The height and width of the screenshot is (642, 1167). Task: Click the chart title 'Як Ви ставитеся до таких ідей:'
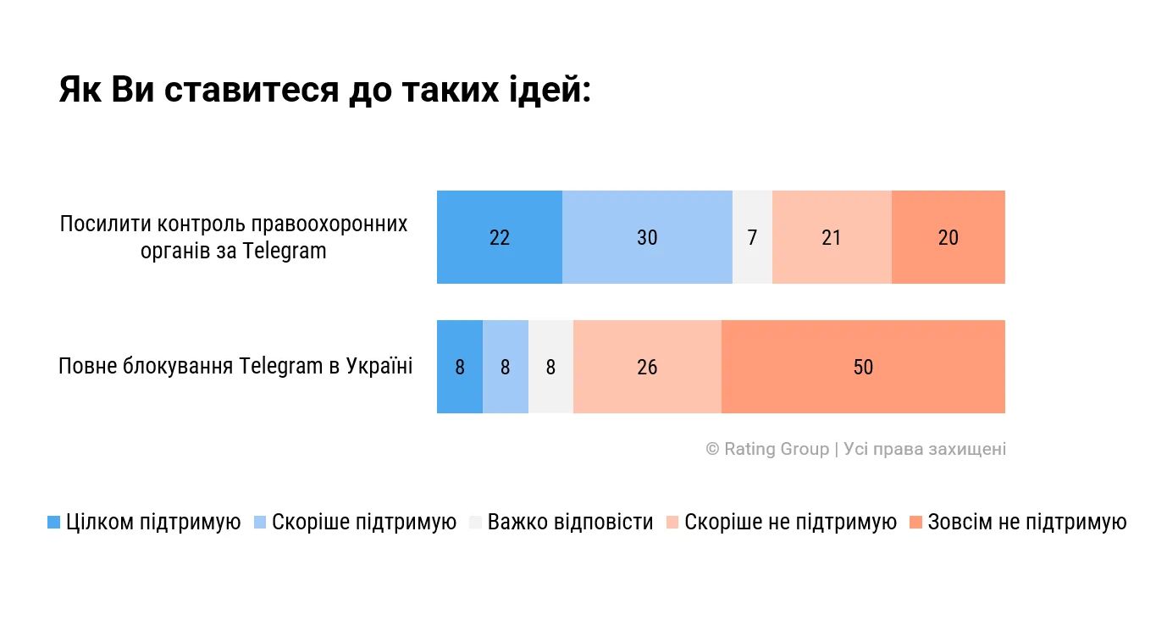[324, 90]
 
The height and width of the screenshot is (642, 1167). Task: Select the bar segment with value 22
[500, 237]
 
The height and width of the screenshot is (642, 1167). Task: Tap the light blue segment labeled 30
[647, 237]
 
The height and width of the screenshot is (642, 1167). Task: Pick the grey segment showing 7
[752, 237]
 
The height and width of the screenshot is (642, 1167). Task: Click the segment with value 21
[832, 237]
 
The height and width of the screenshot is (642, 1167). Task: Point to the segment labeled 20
[948, 237]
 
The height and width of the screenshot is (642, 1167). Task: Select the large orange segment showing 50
[863, 367]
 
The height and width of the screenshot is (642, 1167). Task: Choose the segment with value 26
[647, 367]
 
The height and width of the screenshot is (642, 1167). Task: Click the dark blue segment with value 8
[460, 367]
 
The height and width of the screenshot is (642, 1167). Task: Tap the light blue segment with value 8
[506, 367]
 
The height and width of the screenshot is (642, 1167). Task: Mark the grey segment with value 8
[550, 367]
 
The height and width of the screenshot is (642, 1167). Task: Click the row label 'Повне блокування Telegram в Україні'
[235, 367]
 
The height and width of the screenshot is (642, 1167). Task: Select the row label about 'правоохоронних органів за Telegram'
[234, 237]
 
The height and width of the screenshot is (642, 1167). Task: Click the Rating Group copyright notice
[855, 449]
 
